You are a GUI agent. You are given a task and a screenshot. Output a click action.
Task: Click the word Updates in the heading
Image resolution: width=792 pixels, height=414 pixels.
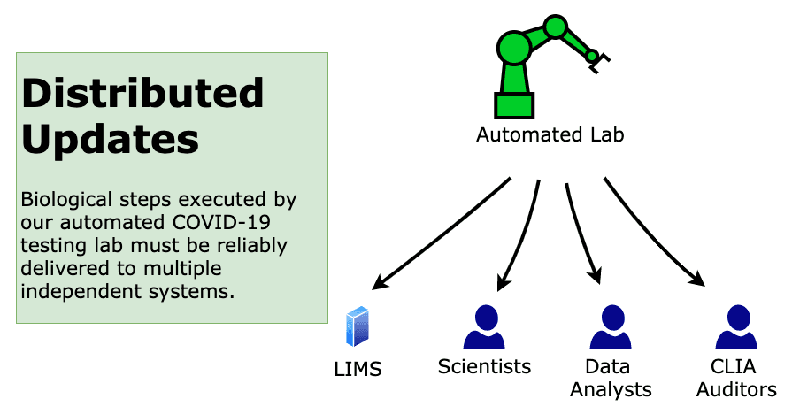pyautogui.click(x=110, y=140)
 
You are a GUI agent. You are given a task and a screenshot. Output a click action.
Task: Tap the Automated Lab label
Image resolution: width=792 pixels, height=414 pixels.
pyautogui.click(x=550, y=135)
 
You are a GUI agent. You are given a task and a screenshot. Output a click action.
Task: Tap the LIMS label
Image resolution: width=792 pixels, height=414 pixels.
pyautogui.click(x=358, y=369)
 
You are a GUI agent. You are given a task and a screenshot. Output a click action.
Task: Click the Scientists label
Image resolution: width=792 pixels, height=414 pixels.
pyautogui.click(x=484, y=366)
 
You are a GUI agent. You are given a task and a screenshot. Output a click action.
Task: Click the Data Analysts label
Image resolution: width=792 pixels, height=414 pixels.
pyautogui.click(x=611, y=377)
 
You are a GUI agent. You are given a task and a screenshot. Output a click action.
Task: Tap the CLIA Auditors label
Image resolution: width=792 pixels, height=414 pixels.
pyautogui.click(x=736, y=377)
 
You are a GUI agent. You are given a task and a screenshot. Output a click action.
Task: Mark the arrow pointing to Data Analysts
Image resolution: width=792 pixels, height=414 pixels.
pyautogui.click(x=580, y=234)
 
